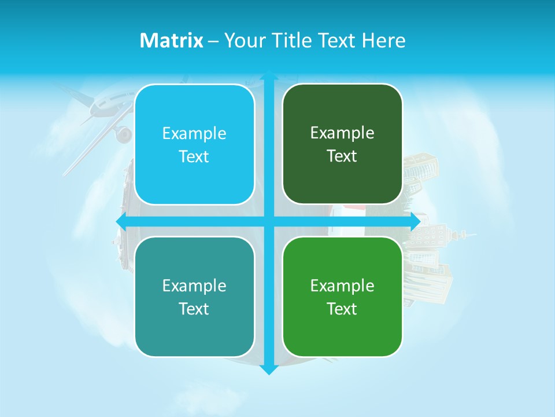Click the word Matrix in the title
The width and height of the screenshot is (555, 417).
coord(171,41)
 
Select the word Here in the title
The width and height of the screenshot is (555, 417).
coord(383,41)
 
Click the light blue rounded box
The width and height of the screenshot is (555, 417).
coord(194,145)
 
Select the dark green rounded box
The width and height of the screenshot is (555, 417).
coord(342,144)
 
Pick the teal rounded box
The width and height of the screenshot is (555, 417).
coord(194,297)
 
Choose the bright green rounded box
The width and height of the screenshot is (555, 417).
coord(342,297)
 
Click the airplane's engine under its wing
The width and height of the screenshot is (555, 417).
coord(123,135)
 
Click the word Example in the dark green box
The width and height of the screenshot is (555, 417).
coord(342,133)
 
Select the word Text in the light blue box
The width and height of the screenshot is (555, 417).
coord(194,157)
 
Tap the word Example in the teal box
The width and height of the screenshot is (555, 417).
coord(194,286)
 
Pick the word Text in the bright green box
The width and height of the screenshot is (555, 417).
coord(342,309)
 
